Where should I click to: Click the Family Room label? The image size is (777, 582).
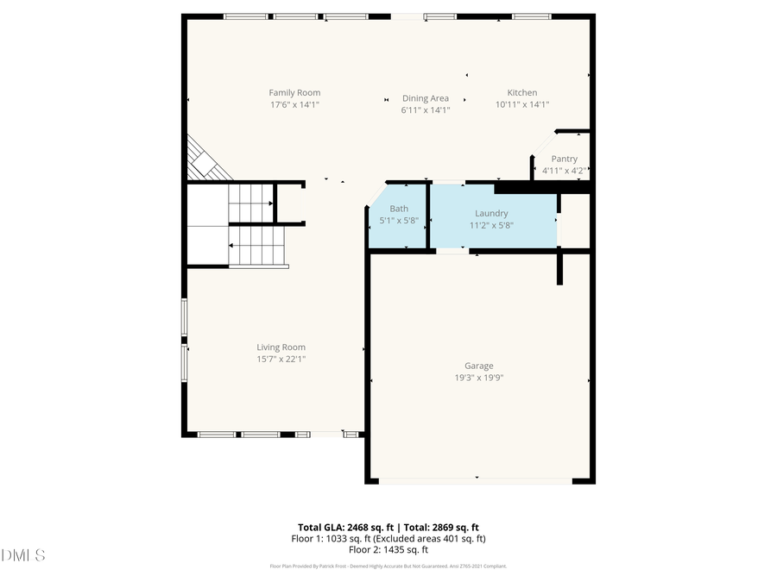click(x=294, y=93)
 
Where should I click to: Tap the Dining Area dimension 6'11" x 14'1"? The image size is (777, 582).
click(x=426, y=110)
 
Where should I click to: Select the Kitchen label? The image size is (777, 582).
click(x=521, y=93)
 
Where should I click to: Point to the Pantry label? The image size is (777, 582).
click(x=564, y=159)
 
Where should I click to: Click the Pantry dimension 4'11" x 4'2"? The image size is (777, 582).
click(x=564, y=171)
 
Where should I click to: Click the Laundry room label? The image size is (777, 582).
click(x=491, y=213)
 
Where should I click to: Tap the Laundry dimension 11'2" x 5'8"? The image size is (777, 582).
click(x=491, y=225)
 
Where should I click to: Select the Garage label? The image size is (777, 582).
click(x=479, y=366)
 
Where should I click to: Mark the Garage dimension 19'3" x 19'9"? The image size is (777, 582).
click(x=479, y=378)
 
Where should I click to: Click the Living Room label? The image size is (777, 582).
click(x=281, y=347)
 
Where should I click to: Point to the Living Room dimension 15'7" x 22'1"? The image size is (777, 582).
click(x=281, y=359)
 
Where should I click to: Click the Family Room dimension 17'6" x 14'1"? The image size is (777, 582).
click(x=294, y=105)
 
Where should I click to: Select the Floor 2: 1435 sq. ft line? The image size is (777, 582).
click(x=388, y=549)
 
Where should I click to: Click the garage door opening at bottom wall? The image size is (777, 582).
click(x=476, y=480)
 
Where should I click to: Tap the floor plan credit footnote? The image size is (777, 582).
click(x=388, y=566)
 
